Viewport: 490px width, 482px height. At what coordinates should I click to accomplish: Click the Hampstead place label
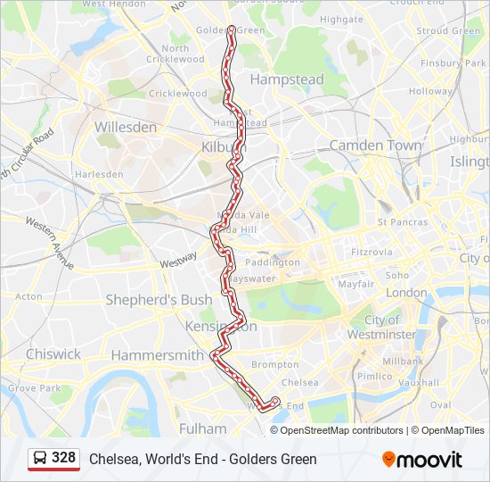point(287,79)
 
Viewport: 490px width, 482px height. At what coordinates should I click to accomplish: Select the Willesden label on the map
point(126,127)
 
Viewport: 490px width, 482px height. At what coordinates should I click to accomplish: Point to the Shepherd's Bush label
point(159,300)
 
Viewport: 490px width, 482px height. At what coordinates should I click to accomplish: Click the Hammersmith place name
point(157,355)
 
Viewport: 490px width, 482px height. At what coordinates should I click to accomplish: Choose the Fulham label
point(203,428)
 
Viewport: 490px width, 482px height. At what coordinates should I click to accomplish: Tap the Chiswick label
point(53,353)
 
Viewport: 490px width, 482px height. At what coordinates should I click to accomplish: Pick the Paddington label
point(273,262)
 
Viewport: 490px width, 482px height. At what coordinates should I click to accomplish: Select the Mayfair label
point(355,284)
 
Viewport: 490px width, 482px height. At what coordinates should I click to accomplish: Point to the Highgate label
point(341,19)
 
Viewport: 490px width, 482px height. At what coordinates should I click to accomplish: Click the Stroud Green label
point(448,30)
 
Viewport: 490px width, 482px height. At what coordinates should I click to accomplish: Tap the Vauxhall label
point(419,382)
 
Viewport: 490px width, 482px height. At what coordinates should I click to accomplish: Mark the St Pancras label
point(402,222)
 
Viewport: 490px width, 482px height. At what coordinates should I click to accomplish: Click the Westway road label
point(178,260)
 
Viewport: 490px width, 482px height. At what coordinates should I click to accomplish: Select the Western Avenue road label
point(50,243)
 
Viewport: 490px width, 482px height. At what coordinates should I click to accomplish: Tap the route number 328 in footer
point(63,458)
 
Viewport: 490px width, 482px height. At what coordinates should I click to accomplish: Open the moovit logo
point(422,460)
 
